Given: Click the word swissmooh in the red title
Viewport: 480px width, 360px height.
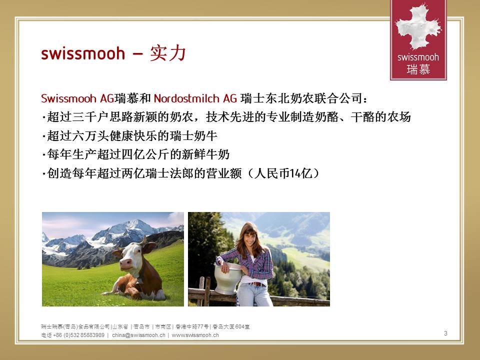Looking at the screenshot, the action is tap(83, 53).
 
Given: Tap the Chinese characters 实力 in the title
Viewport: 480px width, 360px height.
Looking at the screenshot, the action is tap(168, 53).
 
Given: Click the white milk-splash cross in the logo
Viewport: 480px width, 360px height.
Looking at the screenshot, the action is tap(418, 27).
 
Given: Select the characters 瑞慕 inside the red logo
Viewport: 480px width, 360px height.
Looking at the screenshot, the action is tap(418, 69).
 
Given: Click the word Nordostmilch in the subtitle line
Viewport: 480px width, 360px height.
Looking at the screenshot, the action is tap(186, 98).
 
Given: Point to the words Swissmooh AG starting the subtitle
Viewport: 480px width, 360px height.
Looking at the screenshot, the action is tap(77, 98).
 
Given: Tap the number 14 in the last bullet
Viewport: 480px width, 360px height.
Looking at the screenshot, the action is tap(294, 173).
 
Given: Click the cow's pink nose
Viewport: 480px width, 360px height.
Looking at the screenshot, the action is tap(125, 263).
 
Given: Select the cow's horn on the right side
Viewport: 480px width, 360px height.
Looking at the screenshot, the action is tap(143, 240).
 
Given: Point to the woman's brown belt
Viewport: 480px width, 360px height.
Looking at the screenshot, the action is tap(256, 284).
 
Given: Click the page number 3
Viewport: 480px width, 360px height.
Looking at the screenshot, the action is tap(445, 333).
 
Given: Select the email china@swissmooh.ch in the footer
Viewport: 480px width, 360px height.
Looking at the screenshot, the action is tap(138, 335).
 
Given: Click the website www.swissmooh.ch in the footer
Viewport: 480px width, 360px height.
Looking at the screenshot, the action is tap(195, 335).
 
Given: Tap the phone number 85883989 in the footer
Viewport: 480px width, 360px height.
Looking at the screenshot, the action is tap(92, 335).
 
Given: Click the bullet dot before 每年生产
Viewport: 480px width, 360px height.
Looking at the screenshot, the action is tap(43, 155).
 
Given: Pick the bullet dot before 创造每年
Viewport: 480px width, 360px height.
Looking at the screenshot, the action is tap(43, 174).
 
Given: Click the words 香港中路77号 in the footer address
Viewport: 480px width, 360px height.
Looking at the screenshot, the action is tap(192, 326).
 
